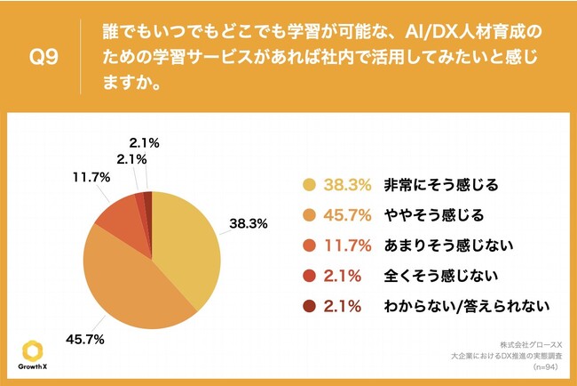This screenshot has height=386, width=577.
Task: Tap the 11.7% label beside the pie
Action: [x=91, y=178]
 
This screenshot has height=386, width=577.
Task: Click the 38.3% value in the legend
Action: [x=342, y=185]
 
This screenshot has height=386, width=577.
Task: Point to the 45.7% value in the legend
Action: [x=342, y=215]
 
